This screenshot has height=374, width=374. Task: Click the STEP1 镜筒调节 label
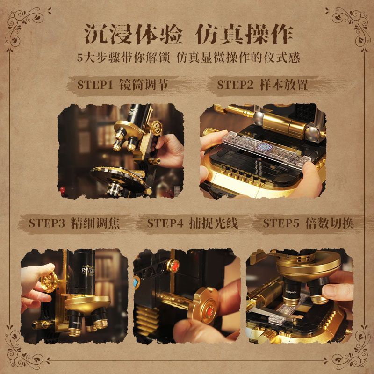click(x=122, y=85)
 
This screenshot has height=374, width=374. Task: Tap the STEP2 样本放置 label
click(x=262, y=85)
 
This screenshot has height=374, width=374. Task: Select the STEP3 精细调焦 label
click(x=74, y=223)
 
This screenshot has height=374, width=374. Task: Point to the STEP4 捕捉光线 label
click(x=193, y=223)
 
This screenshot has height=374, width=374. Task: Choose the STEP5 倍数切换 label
click(x=308, y=223)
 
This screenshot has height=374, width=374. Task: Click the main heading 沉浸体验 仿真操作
click(x=189, y=34)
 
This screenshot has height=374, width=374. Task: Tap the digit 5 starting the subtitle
click(x=79, y=58)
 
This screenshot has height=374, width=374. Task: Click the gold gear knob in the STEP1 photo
click(x=157, y=128)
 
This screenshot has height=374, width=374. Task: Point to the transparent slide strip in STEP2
click(x=266, y=147)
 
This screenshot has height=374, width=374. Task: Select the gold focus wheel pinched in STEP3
click(x=49, y=282)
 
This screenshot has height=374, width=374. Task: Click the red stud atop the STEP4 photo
click(x=174, y=265)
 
